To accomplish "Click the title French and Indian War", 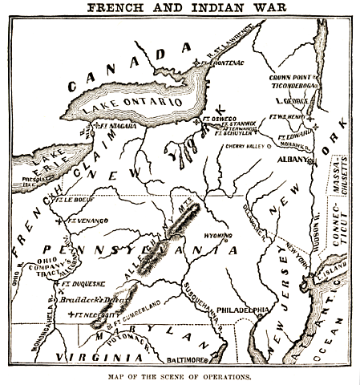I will click(180, 7).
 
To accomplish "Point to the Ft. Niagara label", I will click(114, 126).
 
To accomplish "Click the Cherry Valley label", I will click(246, 147).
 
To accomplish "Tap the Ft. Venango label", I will click(83, 219).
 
